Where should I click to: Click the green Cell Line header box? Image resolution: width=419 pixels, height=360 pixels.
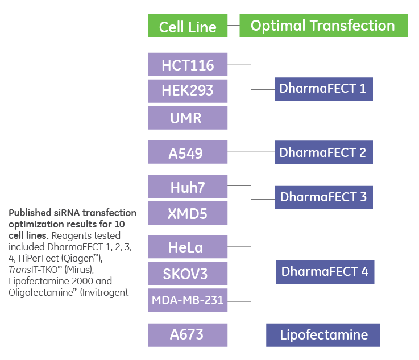pyautogui.click(x=188, y=26)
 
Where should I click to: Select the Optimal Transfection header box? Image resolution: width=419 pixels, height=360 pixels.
pyautogui.click(x=323, y=26)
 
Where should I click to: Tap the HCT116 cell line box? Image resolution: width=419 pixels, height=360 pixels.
pyautogui.click(x=188, y=64)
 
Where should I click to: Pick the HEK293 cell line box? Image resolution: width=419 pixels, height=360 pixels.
pyautogui.click(x=188, y=91)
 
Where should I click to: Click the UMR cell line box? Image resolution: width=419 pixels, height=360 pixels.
pyautogui.click(x=188, y=118)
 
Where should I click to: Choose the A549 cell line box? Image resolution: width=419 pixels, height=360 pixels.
pyautogui.click(x=188, y=152)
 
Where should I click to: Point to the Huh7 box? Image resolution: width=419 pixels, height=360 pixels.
pyautogui.click(x=188, y=187)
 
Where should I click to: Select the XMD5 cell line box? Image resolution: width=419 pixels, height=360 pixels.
pyautogui.click(x=188, y=213)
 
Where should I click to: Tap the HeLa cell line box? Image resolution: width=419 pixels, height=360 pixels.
pyautogui.click(x=188, y=247)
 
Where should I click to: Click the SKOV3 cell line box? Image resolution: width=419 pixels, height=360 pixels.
pyautogui.click(x=188, y=274)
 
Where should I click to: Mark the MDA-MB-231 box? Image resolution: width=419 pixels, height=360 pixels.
pyautogui.click(x=188, y=300)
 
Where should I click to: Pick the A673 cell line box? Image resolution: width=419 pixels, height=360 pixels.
pyautogui.click(x=188, y=334)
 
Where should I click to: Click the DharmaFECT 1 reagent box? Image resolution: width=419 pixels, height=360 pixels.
pyautogui.click(x=323, y=89)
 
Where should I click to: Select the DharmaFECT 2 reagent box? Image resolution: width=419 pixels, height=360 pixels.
pyautogui.click(x=323, y=152)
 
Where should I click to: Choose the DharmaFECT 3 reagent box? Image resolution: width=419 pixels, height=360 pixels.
pyautogui.click(x=323, y=197)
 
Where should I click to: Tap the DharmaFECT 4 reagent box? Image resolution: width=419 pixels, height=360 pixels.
pyautogui.click(x=325, y=272)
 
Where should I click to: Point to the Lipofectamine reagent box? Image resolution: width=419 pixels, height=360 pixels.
pyautogui.click(x=322, y=334)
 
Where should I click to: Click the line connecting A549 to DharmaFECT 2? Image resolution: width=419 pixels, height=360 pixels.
pyautogui.click(x=251, y=152)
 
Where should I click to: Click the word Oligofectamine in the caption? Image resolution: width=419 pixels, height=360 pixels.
pyautogui.click(x=35, y=292)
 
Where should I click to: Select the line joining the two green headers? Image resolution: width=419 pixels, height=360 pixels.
pyautogui.click(x=233, y=26)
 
